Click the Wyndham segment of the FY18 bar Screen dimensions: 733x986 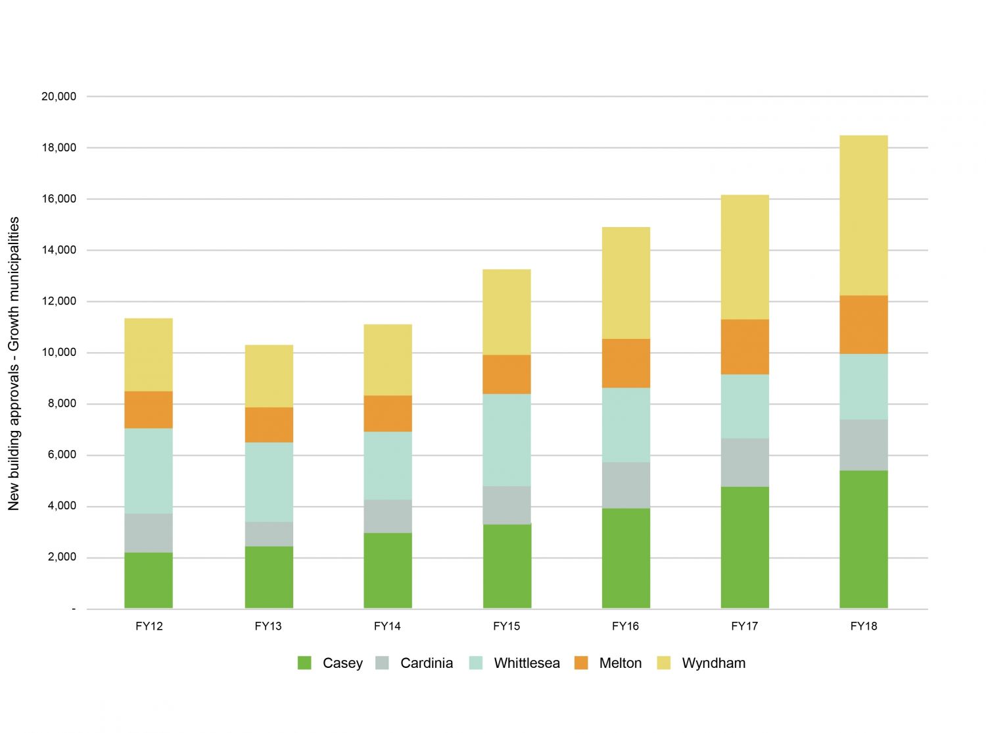[863, 215]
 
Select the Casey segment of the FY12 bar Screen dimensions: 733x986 [149, 580]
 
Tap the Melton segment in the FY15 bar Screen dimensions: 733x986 [507, 374]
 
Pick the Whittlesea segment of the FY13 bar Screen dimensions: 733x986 [269, 482]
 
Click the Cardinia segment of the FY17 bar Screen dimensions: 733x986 [745, 463]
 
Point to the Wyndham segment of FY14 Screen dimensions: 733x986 [388, 360]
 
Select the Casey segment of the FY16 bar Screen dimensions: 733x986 [626, 558]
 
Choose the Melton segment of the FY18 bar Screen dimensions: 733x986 [863, 325]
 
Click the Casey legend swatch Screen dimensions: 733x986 [304, 663]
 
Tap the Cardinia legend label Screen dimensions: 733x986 [426, 663]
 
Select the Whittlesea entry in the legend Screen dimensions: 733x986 [527, 663]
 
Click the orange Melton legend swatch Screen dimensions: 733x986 [581, 663]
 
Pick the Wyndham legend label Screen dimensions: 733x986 [713, 663]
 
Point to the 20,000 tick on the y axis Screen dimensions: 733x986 [59, 97]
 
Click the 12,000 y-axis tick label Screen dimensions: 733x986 [59, 301]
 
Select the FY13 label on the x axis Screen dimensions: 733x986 [268, 626]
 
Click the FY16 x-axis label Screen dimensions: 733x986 [625, 626]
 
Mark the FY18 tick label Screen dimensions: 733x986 [863, 626]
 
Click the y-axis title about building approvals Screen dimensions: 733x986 [14, 363]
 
